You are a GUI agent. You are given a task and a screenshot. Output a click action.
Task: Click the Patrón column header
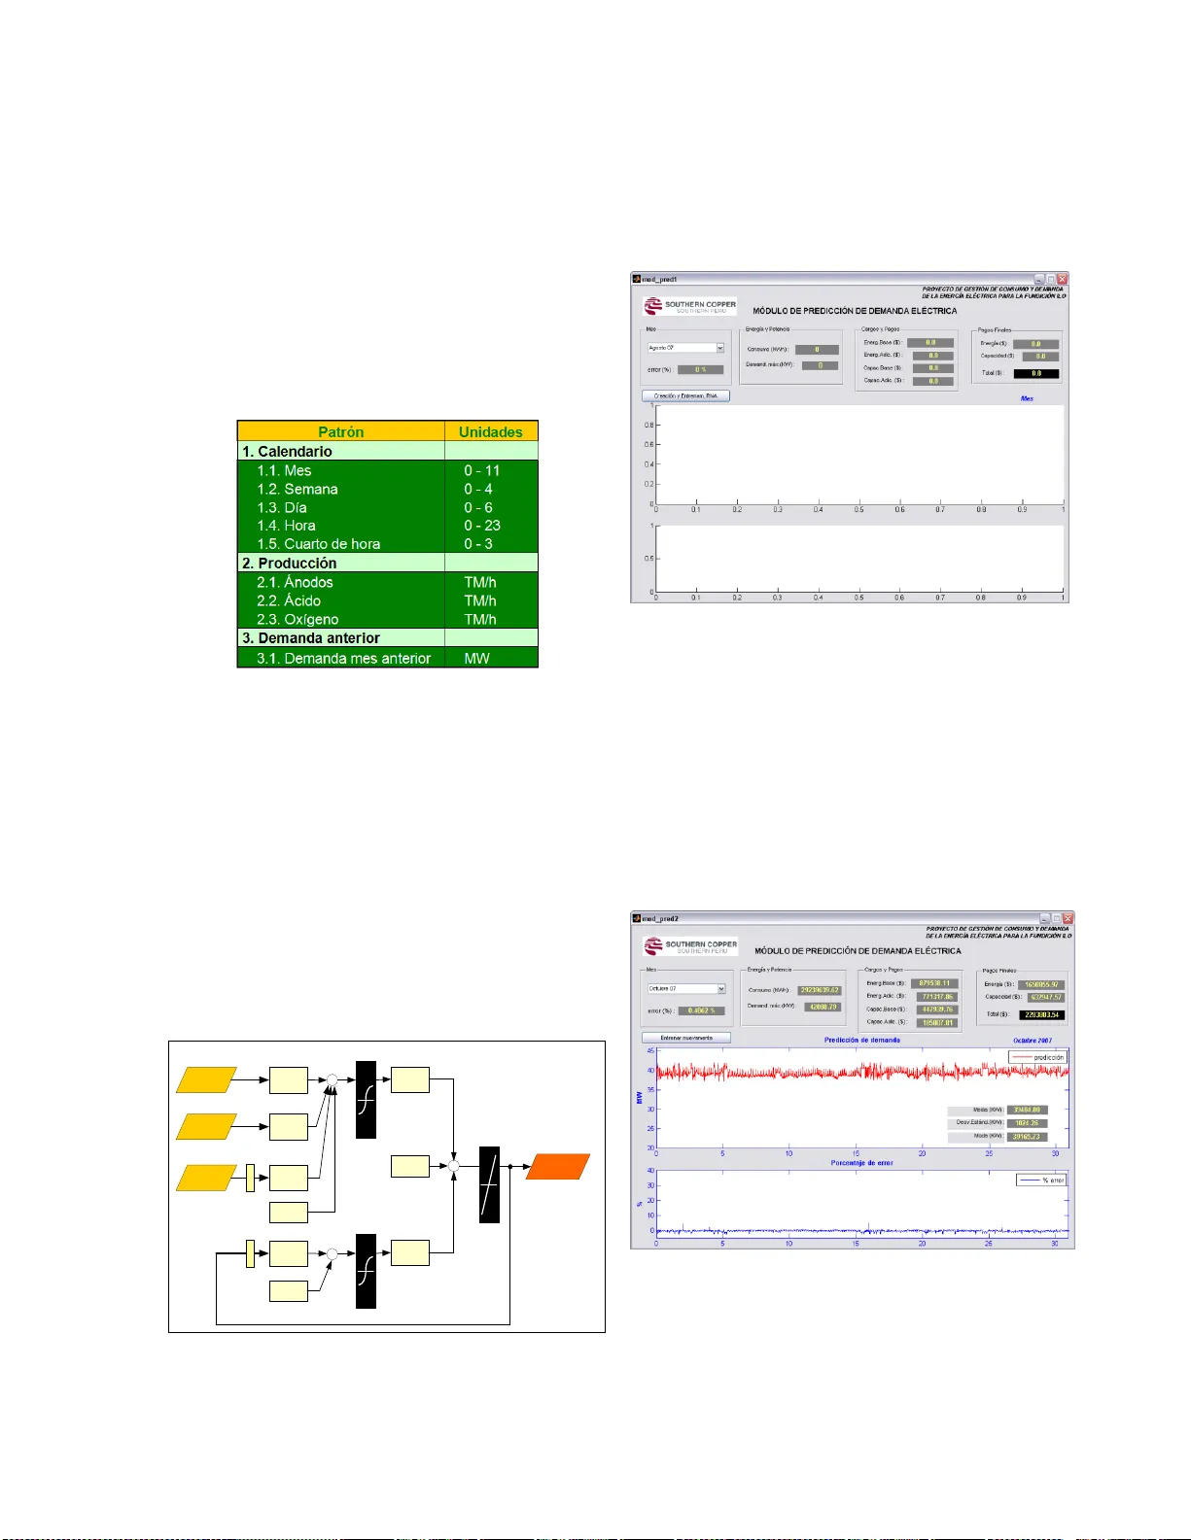click(x=340, y=431)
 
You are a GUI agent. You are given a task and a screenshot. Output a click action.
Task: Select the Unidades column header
click(x=491, y=431)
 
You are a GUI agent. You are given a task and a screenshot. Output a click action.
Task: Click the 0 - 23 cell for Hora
click(x=482, y=526)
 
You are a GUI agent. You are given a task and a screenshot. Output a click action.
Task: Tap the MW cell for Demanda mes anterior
click(x=477, y=658)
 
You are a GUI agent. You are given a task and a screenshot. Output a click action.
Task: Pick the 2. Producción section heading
click(x=289, y=563)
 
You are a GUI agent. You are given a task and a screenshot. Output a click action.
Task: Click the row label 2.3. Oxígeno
click(x=298, y=619)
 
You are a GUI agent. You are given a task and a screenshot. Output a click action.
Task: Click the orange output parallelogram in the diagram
click(x=558, y=1166)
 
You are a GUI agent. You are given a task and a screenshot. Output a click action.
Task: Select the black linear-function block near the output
click(x=490, y=1184)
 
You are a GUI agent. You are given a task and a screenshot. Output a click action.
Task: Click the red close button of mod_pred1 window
click(x=1062, y=279)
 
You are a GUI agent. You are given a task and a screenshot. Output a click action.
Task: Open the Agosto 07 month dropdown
click(x=686, y=348)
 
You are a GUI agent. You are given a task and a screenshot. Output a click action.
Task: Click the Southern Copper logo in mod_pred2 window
click(x=690, y=945)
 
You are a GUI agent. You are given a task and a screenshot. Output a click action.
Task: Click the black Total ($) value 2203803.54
click(x=1041, y=1014)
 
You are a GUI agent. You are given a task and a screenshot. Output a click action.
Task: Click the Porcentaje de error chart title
click(x=861, y=1163)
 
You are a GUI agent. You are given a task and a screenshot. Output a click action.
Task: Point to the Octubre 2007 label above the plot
click(x=1033, y=1041)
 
